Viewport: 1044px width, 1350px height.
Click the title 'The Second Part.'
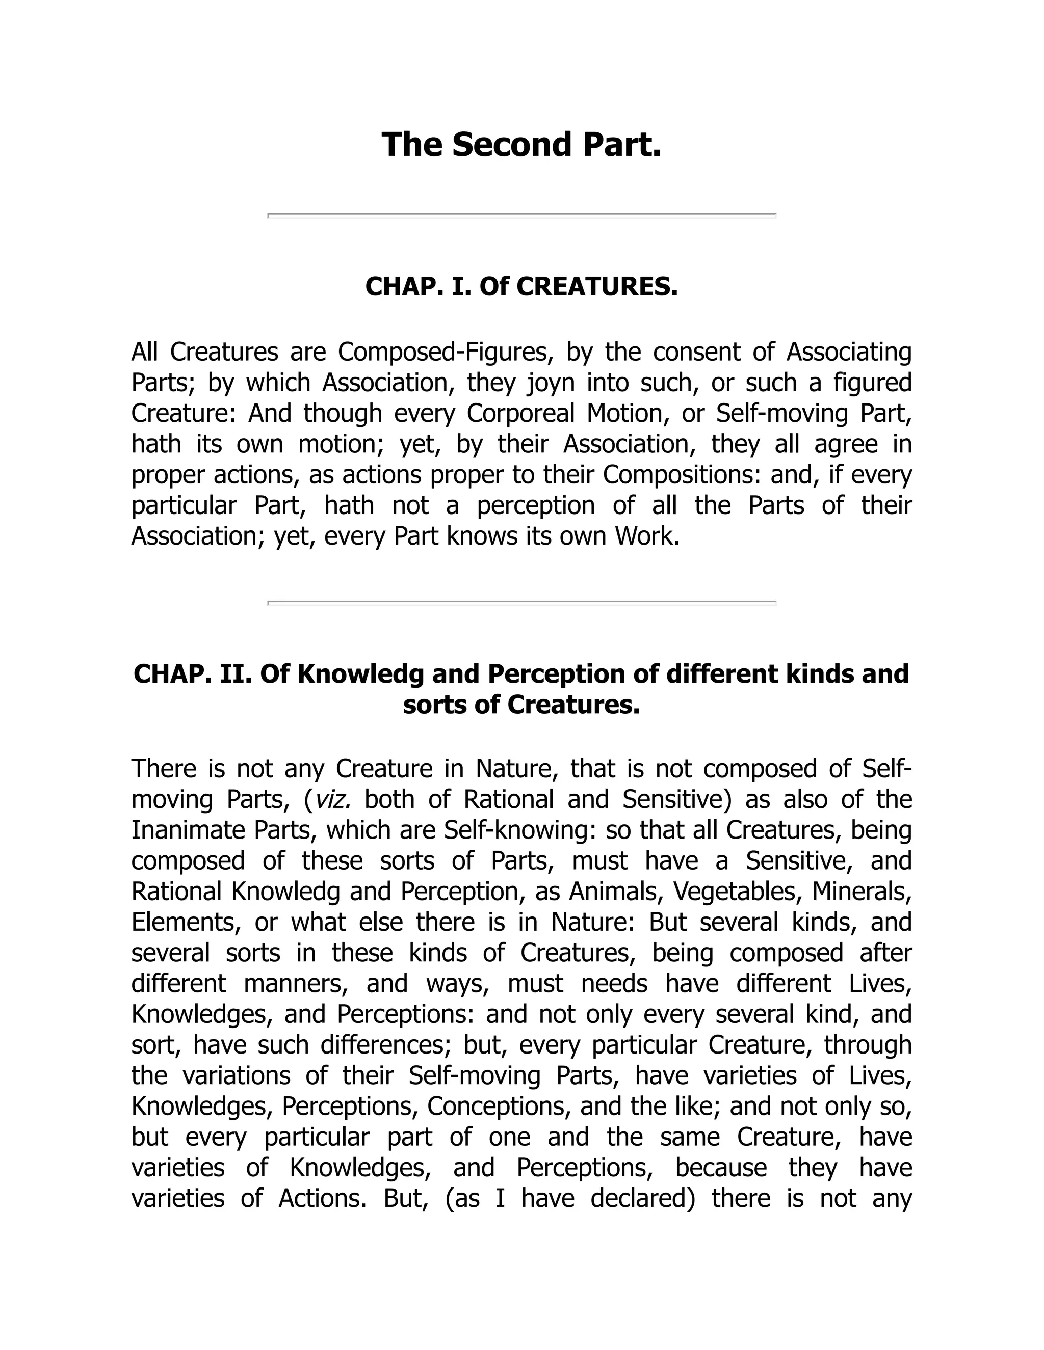pos(521,145)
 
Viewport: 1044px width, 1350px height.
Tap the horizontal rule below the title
pos(521,215)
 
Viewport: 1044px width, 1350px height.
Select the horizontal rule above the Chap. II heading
pos(521,602)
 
